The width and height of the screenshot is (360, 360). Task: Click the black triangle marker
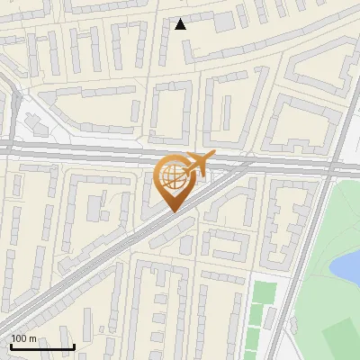(180, 24)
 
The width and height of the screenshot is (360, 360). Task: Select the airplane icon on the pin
(199, 163)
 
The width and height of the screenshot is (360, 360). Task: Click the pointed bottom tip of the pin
(174, 211)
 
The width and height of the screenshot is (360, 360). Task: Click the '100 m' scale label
(24, 338)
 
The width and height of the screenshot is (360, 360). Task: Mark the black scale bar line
(42, 346)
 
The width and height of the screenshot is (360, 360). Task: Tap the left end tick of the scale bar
(11, 345)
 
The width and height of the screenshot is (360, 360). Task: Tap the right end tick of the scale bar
(74, 345)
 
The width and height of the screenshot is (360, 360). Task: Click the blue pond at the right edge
(346, 265)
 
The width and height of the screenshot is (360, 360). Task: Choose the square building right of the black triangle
(222, 22)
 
